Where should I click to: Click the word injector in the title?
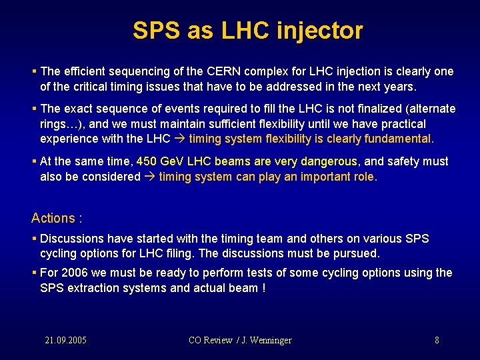(x=322, y=31)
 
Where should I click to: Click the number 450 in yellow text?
(x=146, y=161)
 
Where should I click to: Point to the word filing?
(x=177, y=254)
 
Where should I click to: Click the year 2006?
(x=75, y=273)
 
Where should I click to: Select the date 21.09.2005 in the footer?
(x=65, y=340)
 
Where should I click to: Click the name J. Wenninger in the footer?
(x=266, y=340)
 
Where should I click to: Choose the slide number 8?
(x=437, y=340)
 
